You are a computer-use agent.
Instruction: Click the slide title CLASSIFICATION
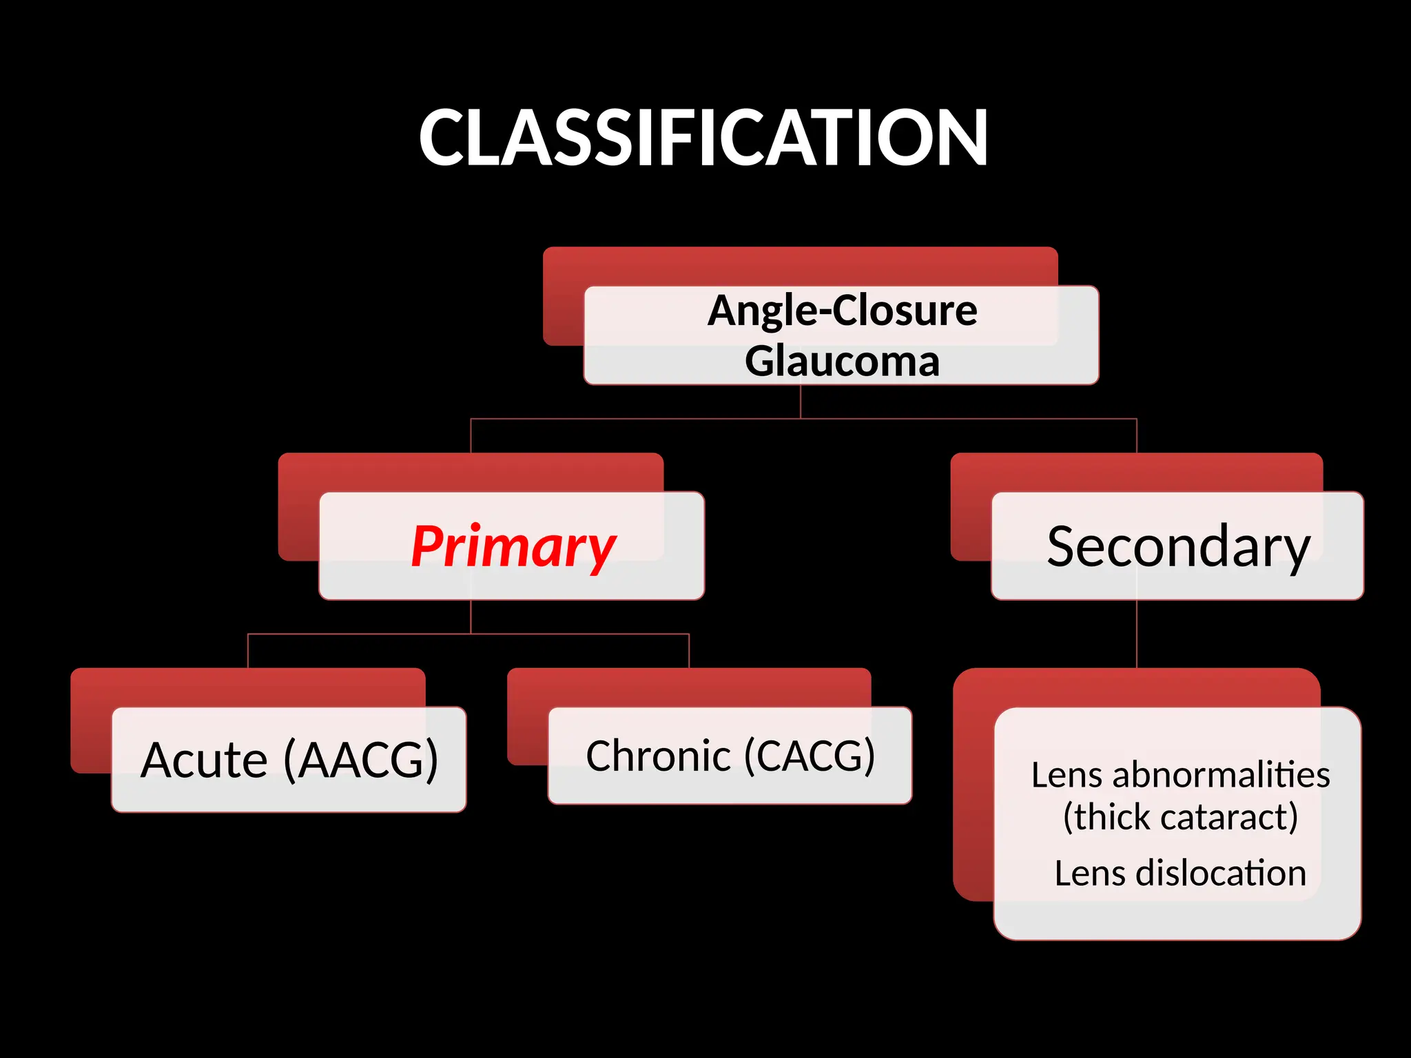point(703,138)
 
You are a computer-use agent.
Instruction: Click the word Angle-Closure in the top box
point(842,311)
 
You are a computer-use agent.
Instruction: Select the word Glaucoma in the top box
point(842,362)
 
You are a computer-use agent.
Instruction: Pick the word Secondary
point(1177,547)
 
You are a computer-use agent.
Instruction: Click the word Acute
point(204,760)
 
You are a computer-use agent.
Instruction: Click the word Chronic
point(658,756)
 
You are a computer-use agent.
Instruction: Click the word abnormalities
point(1220,775)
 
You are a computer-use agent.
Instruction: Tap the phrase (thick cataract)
point(1180,818)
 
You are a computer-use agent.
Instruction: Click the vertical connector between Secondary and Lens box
point(1137,634)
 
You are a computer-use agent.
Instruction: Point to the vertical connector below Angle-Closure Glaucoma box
point(801,401)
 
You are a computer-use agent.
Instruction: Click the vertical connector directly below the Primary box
point(471,616)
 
